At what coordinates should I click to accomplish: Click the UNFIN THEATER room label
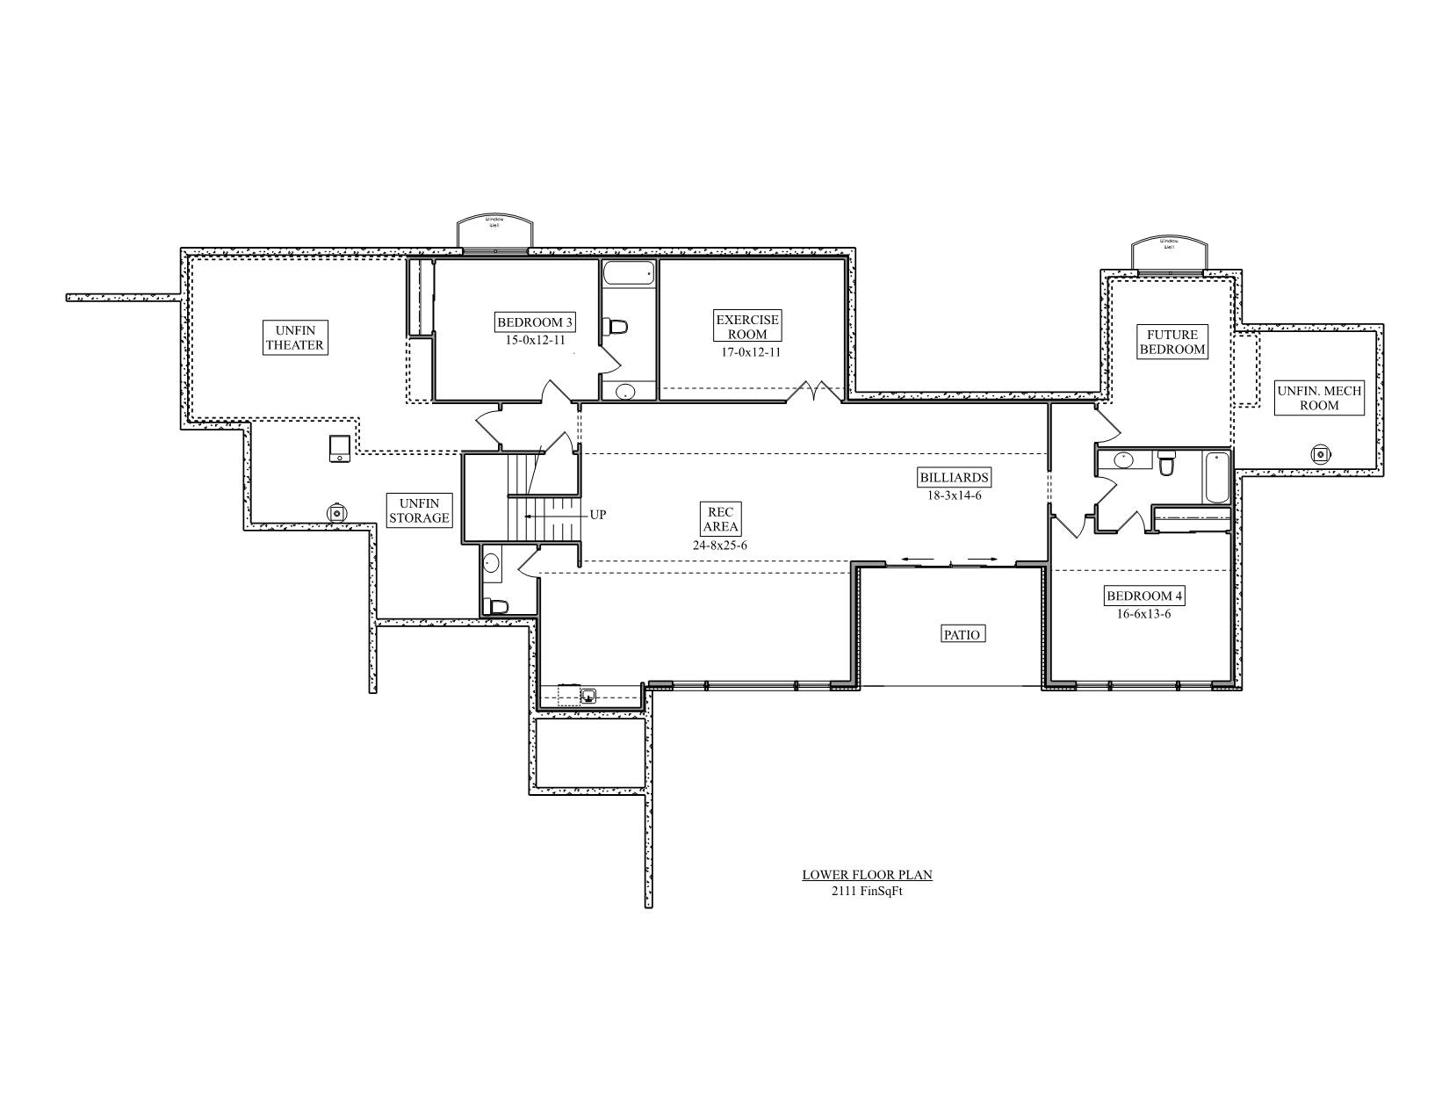tap(295, 337)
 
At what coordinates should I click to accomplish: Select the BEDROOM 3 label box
tap(536, 322)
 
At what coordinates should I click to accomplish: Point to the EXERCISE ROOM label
tap(746, 327)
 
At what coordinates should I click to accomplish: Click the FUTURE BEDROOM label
tap(1172, 342)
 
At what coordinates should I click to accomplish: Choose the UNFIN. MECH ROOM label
tap(1319, 398)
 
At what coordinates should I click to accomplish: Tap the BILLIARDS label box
tap(954, 479)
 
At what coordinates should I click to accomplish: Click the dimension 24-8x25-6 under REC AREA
tap(719, 546)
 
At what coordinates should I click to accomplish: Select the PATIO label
tap(962, 634)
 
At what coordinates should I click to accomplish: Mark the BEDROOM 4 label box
tap(1144, 596)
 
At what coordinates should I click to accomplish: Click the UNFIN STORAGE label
tap(419, 510)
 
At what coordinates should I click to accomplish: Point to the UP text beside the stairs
tap(597, 516)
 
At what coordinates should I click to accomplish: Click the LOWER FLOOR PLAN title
tap(867, 875)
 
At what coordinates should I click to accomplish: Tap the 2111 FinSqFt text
tap(867, 891)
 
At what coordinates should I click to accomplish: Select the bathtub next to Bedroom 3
tap(629, 273)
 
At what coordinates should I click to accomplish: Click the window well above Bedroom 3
tap(495, 232)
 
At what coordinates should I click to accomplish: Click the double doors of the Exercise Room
tap(814, 392)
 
